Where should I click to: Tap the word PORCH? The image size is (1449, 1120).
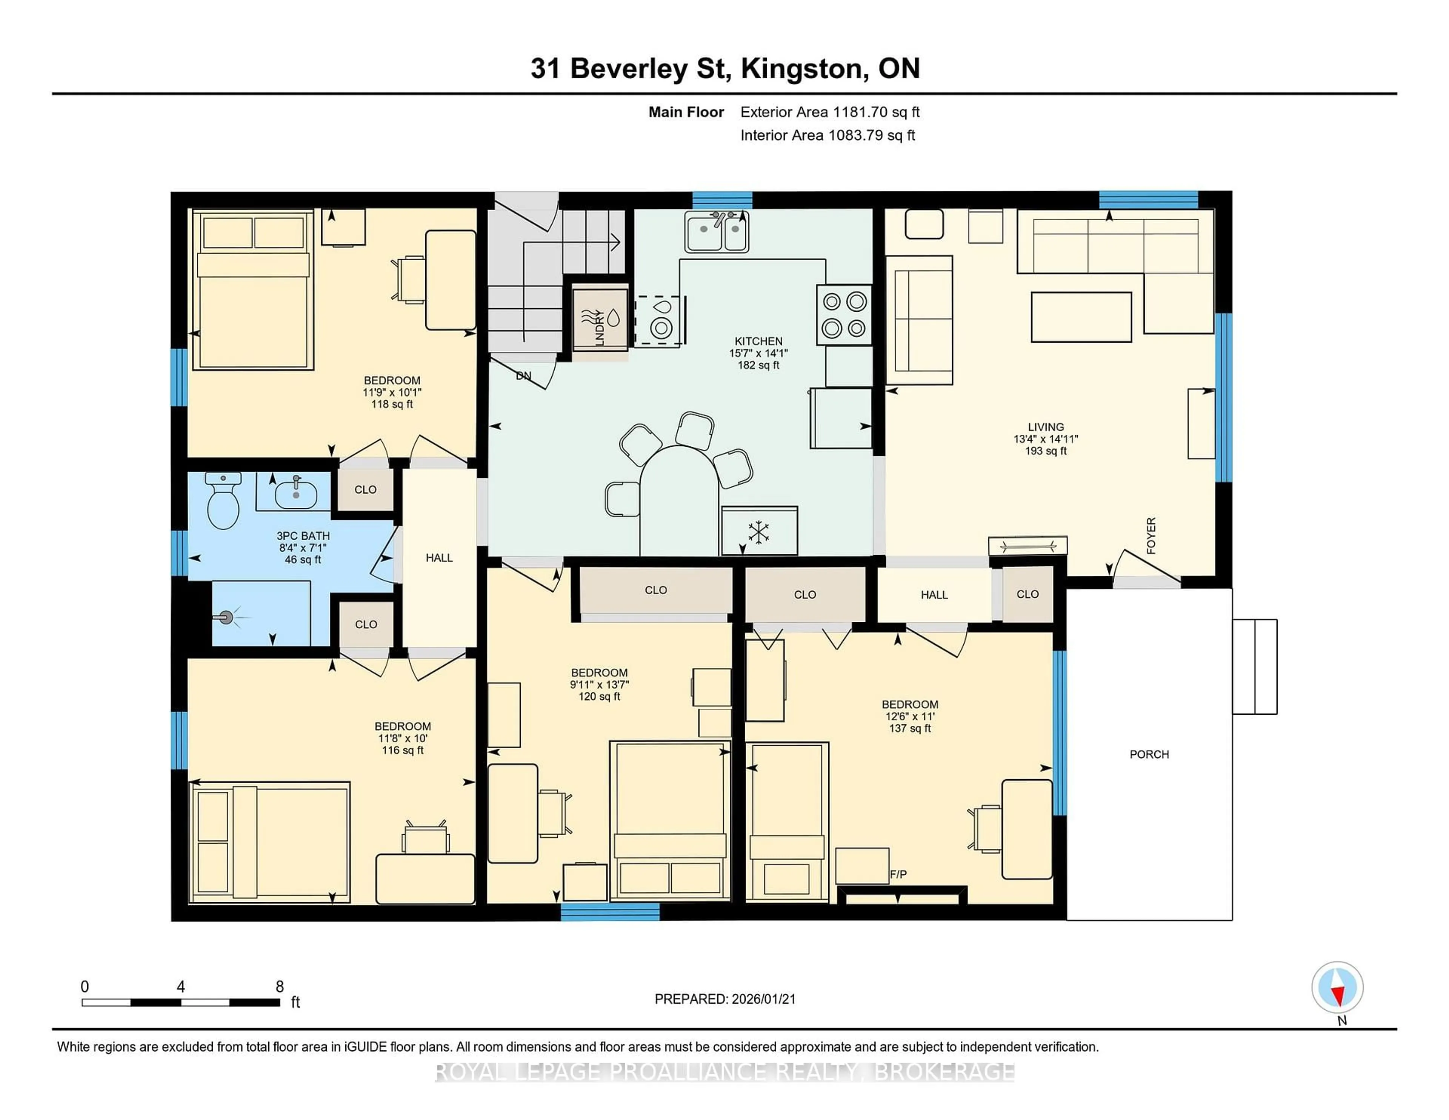[x=1149, y=754]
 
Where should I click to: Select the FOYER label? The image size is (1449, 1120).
[x=1151, y=535]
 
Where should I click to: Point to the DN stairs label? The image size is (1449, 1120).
[x=523, y=375]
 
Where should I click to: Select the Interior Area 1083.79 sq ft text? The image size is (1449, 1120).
[x=828, y=135]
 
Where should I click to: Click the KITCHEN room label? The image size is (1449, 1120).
[x=758, y=341]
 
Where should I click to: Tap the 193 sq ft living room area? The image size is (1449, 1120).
[x=1046, y=451]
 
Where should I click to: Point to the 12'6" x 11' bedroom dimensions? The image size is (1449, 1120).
[x=910, y=717]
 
